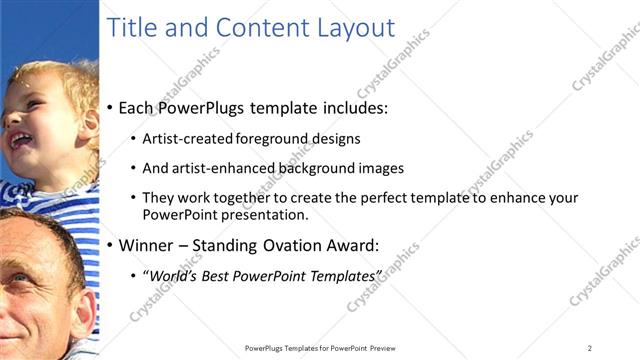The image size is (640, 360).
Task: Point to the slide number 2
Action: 590,348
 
